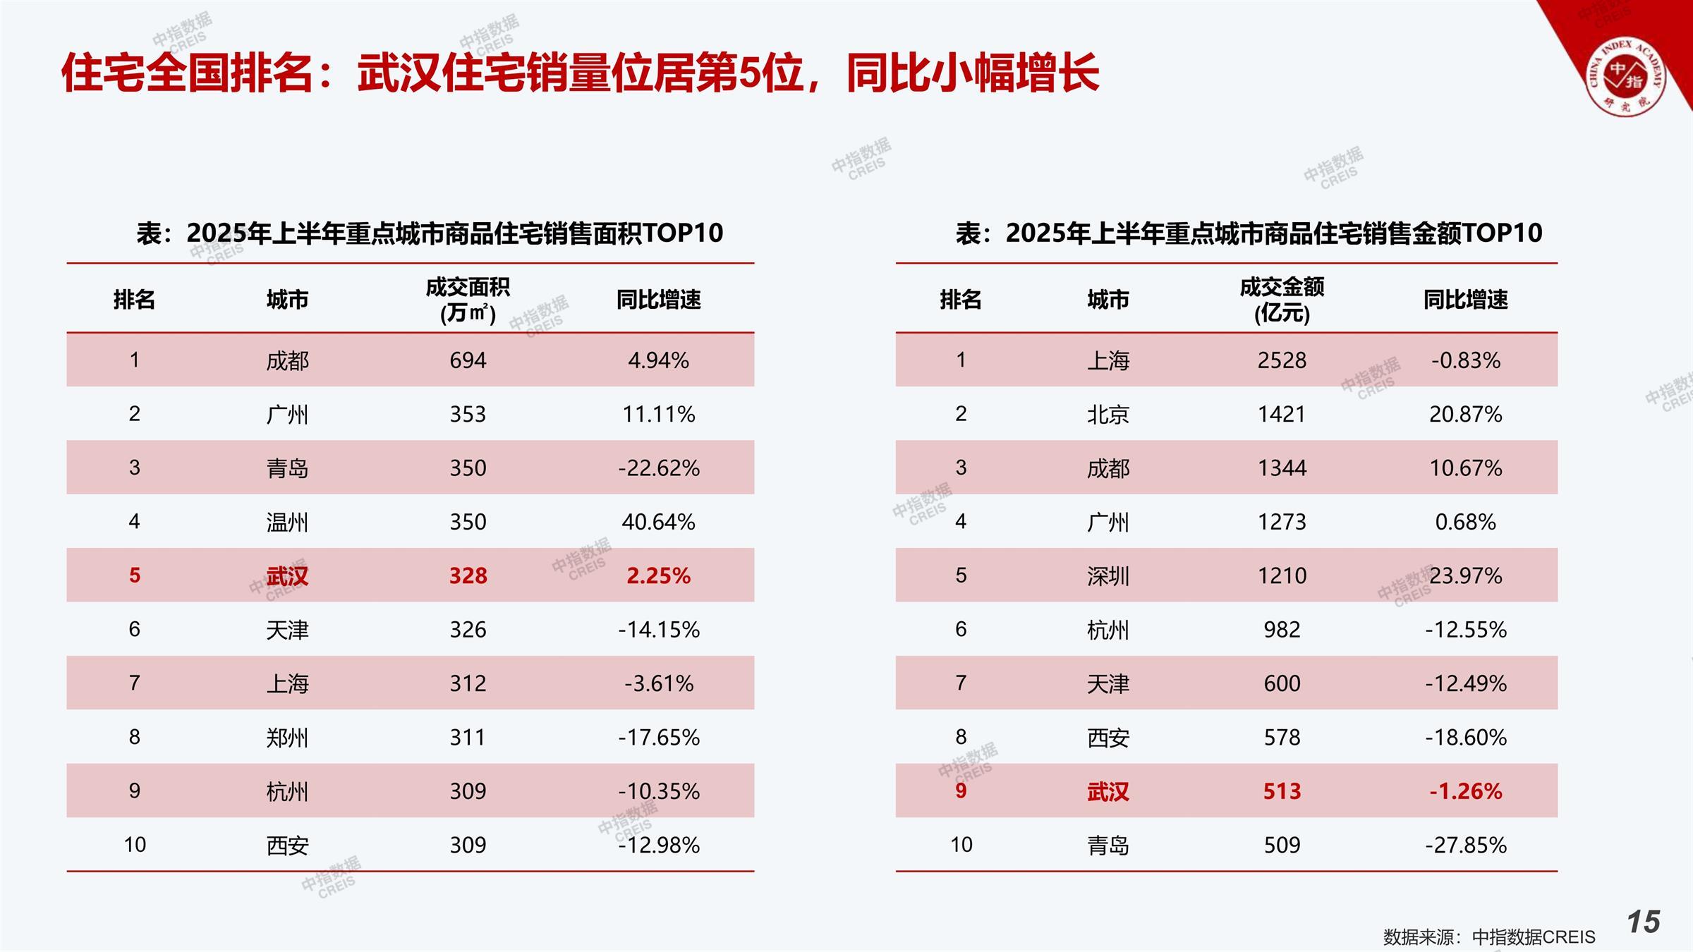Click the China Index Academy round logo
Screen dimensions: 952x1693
pos(1625,77)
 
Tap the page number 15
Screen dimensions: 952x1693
pos(1644,922)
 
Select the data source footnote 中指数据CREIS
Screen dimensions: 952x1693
pos(1488,936)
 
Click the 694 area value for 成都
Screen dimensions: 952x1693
pos(468,360)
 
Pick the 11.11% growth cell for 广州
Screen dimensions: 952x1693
pos(658,414)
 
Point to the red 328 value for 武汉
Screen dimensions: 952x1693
pos(468,575)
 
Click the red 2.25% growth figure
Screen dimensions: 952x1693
pos(658,575)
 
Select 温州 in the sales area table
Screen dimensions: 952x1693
pos(287,522)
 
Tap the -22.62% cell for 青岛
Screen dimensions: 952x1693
pos(658,468)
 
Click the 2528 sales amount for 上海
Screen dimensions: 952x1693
pos(1282,360)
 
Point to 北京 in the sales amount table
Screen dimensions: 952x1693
pos(1108,414)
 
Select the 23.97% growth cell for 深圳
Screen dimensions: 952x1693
pos(1465,575)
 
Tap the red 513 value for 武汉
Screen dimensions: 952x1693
pos(1282,791)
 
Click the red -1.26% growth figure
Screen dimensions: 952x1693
pos(1465,791)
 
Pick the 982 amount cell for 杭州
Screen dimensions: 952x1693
pos(1282,629)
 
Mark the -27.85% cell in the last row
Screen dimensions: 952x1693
pos(1465,845)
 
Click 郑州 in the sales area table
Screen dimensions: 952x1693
pos(287,738)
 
